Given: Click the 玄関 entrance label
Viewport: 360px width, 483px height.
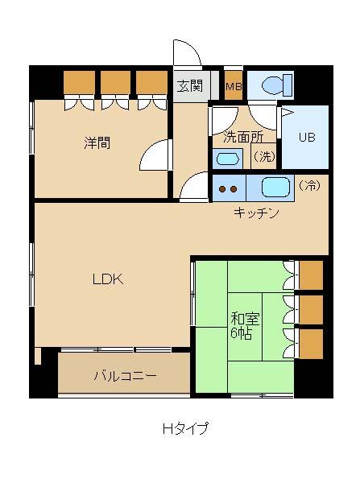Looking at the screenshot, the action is pos(190,86).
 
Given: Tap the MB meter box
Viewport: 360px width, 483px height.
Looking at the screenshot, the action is pos(234,85).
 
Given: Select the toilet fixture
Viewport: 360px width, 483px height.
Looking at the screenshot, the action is pos(277,85).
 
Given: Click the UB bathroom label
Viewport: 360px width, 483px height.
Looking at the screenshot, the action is pos(307,137).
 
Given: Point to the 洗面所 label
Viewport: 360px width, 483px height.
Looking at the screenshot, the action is pos(243,137).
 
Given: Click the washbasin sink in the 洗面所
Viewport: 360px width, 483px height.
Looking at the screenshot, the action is pos(228,159).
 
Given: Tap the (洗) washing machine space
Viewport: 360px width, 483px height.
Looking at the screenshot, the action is pos(263,156).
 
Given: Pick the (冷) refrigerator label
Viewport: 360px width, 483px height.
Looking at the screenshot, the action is pos(309,185).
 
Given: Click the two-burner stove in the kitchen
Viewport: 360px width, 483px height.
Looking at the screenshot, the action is pos(229,188).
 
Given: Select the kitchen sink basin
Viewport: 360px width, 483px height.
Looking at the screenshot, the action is pos(275,188).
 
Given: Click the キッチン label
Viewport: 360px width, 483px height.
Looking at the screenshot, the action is pos(256,213).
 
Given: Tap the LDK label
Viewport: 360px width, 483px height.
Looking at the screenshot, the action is pos(108,279).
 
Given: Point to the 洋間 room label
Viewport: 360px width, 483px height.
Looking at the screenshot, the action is pos(97,143).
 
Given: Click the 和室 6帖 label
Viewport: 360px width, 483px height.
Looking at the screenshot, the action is pos(245,326).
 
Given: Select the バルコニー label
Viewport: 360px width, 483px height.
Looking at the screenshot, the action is pos(126,376).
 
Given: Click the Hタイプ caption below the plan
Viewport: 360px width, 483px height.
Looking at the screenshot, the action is pos(185,428).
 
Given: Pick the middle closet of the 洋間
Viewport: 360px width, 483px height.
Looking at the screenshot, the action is pos(116,82).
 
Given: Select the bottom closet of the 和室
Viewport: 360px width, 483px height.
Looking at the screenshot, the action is pos(311,344).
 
